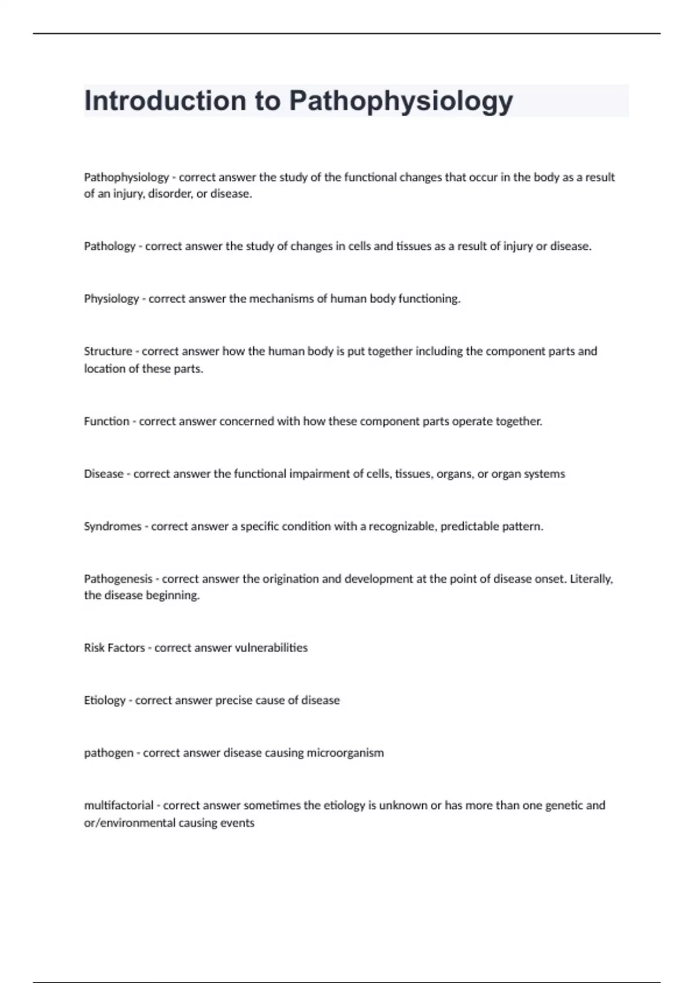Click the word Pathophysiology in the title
[401, 101]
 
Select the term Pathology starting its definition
[109, 246]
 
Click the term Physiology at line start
[111, 299]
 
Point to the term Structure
[108, 351]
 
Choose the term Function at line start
[106, 421]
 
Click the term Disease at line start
[104, 474]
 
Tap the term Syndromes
[112, 526]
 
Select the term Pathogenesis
[118, 579]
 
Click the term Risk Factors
[114, 648]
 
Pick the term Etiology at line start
[104, 700]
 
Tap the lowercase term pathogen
[108, 753]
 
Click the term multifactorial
[119, 805]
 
